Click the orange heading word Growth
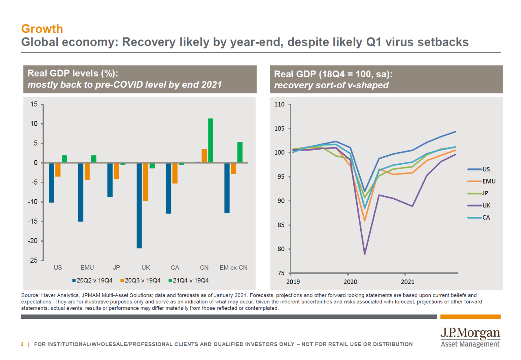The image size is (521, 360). (x=42, y=29)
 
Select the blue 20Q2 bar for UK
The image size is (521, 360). (x=139, y=205)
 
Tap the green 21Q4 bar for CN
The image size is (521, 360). (x=210, y=140)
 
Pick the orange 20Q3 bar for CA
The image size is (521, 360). (x=175, y=173)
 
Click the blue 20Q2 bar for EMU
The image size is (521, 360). (x=81, y=192)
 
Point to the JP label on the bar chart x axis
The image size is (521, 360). (x=116, y=268)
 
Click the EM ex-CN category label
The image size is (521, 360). (x=233, y=268)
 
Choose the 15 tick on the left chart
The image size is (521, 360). (x=34, y=105)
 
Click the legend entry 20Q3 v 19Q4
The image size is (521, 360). (x=140, y=280)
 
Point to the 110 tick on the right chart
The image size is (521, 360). (x=279, y=105)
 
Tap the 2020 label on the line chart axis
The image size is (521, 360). (x=350, y=281)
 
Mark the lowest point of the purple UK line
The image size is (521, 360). (x=365, y=254)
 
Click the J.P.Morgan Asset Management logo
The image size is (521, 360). (x=470, y=338)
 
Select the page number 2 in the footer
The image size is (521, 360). (x=22, y=344)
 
